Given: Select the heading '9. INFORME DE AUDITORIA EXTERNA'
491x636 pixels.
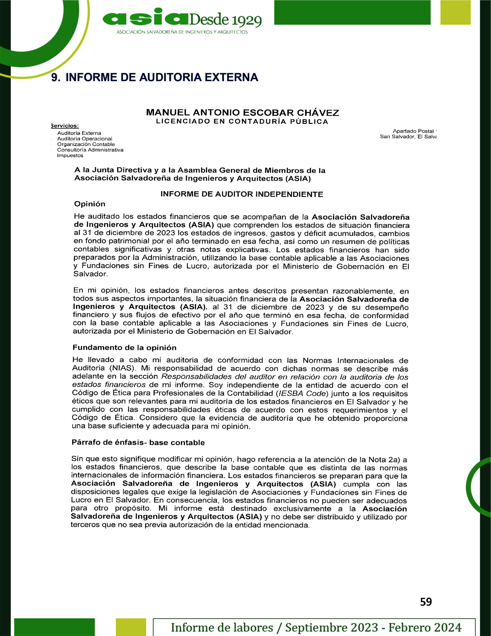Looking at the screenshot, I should tap(155, 78).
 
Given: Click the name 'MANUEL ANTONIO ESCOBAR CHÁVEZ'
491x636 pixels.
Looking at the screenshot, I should tap(243, 113).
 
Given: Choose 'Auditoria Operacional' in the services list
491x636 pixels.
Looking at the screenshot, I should tap(84, 139).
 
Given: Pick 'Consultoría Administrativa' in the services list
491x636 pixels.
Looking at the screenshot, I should tap(90, 150).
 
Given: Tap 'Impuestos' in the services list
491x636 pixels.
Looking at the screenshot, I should tap(70, 156).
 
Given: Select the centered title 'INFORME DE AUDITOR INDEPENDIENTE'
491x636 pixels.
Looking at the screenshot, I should tap(242, 194).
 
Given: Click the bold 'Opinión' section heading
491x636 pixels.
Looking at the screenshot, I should tap(90, 204).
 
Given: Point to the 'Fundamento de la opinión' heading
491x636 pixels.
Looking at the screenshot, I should tap(125, 348).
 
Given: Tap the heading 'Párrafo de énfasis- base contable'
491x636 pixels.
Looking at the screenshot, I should tap(138, 443).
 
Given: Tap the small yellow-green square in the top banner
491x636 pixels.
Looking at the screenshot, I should tap(455, 12).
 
